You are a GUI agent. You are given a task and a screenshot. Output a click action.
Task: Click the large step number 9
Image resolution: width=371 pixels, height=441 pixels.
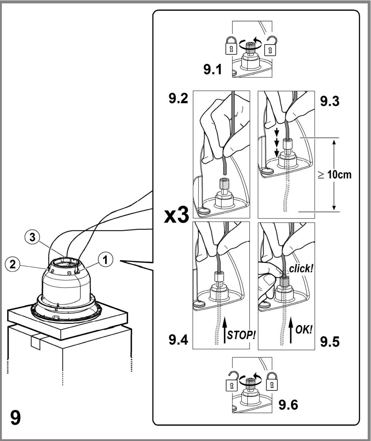click(15, 418)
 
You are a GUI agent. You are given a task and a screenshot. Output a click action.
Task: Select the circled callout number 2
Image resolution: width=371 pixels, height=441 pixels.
click(12, 264)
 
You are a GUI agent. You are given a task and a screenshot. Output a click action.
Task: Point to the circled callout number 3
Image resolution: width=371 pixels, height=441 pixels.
click(32, 237)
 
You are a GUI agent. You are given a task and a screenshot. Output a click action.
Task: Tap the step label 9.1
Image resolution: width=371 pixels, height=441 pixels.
click(213, 70)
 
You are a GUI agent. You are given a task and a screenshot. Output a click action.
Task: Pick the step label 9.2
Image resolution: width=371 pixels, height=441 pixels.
click(178, 99)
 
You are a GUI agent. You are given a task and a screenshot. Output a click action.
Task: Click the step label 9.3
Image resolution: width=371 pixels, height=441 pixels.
click(330, 101)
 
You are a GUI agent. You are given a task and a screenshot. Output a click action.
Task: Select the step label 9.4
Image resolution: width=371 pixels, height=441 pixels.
click(178, 340)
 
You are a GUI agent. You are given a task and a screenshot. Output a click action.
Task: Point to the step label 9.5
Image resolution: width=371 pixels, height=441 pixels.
click(330, 342)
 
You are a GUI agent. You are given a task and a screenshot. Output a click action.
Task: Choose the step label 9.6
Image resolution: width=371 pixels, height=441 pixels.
click(288, 405)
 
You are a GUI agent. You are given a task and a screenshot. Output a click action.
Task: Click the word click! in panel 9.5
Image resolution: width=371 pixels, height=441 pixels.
click(301, 269)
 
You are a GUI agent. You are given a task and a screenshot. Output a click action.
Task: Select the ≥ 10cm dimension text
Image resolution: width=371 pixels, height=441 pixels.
click(335, 175)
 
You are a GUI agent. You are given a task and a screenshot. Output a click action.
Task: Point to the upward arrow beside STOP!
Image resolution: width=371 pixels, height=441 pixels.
click(225, 331)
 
